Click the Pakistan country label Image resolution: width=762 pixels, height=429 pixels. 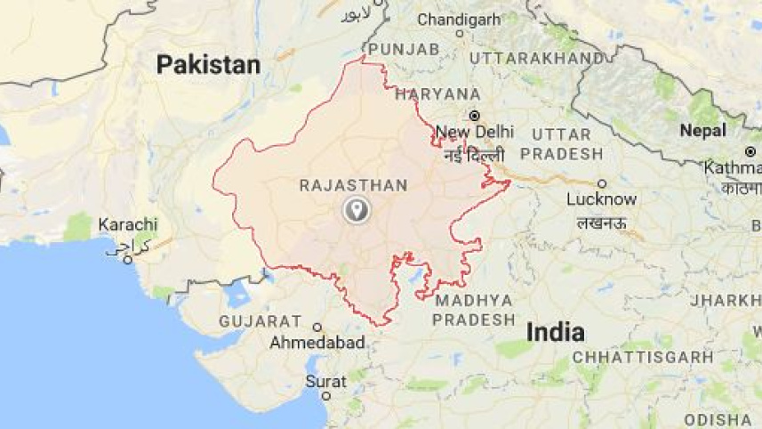(208, 65)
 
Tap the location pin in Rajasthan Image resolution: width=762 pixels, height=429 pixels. (357, 211)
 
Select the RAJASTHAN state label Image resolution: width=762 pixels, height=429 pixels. (353, 185)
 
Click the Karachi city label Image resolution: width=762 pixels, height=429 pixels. (128, 224)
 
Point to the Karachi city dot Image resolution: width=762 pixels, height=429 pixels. (128, 260)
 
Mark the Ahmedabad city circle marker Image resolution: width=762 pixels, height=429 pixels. (317, 327)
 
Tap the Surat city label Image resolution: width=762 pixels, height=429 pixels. (325, 381)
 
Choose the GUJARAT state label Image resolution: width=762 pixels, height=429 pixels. (261, 320)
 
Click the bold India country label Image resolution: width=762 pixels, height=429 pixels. (556, 333)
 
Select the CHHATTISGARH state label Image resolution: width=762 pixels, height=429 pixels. (643, 357)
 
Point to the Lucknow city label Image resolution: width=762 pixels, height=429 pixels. (602, 199)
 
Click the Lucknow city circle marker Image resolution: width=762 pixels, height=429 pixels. (602, 183)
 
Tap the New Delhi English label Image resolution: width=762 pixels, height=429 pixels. (475, 132)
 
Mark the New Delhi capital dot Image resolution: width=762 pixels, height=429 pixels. (475, 115)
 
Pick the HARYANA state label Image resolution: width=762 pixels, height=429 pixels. (437, 93)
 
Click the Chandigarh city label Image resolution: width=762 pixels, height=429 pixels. (459, 19)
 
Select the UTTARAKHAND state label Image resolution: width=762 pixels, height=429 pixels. (536, 58)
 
